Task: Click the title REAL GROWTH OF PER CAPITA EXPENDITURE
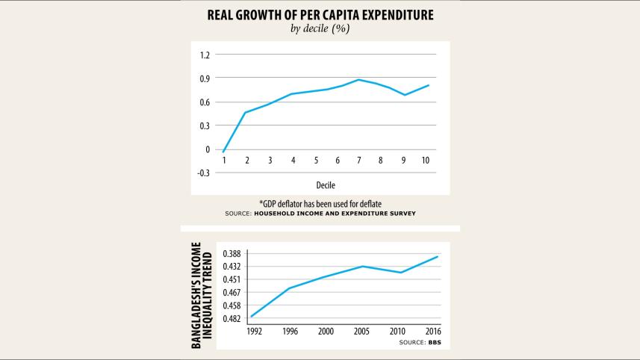point(320,14)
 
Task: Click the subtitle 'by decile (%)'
point(320,29)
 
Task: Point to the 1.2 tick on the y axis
point(205,55)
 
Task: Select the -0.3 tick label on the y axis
point(203,173)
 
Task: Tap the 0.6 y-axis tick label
point(205,102)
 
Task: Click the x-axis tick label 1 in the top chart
point(224,161)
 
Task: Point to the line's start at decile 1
point(224,152)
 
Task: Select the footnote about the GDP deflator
point(320,203)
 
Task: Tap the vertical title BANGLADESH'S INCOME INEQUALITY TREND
point(203,294)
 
